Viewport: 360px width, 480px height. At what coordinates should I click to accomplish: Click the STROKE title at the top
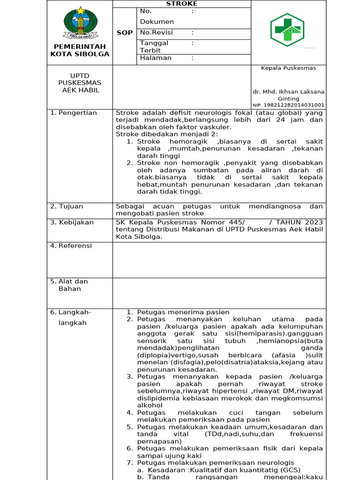coord(182,4)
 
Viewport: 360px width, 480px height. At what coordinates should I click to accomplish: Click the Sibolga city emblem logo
coord(80,23)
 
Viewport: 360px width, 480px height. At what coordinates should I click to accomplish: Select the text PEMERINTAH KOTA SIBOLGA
coord(80,50)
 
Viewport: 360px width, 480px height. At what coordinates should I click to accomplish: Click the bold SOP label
coord(125,33)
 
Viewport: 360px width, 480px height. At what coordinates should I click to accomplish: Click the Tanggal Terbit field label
coord(154,46)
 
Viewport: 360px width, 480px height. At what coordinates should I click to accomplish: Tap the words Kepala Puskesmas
coord(288,68)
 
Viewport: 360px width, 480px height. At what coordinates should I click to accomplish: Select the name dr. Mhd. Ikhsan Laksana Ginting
coord(288,95)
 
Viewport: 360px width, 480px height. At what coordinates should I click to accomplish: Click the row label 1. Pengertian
coord(74,113)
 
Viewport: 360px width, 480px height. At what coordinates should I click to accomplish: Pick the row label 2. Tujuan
coord(67,207)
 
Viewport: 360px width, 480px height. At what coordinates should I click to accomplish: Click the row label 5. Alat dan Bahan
coord(69,285)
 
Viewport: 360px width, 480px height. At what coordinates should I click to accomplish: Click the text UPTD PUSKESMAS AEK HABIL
coord(80,83)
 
